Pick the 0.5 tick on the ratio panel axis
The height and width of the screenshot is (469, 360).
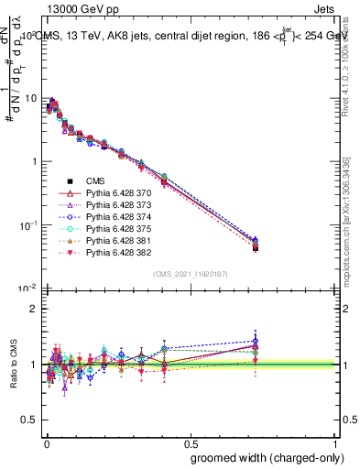point(29,392)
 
